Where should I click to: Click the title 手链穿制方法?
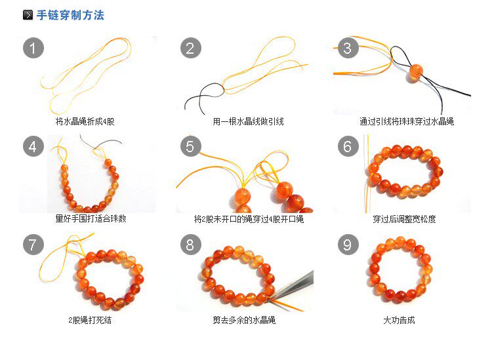pos(70,15)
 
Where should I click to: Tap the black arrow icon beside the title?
pos(28,14)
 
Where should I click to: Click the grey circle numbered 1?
pos(33,48)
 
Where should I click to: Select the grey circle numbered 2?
pos(191,48)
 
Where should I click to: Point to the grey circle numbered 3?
pos(348,48)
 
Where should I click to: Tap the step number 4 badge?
pos(33,146)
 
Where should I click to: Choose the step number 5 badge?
pos(191,146)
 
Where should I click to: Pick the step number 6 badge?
pos(348,146)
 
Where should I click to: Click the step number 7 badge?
pos(33,245)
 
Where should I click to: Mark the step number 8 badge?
pos(191,245)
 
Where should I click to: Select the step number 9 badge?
pos(348,245)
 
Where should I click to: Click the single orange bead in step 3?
pos(416,72)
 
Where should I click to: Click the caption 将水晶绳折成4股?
pos(85,122)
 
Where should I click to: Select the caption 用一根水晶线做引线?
pos(248,122)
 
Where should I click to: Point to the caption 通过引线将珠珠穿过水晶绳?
pos(407,122)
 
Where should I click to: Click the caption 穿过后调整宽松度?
pos(405,219)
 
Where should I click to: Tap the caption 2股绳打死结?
pos(90,320)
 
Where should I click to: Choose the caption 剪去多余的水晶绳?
pos(244,320)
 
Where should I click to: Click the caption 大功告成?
pos(399,320)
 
